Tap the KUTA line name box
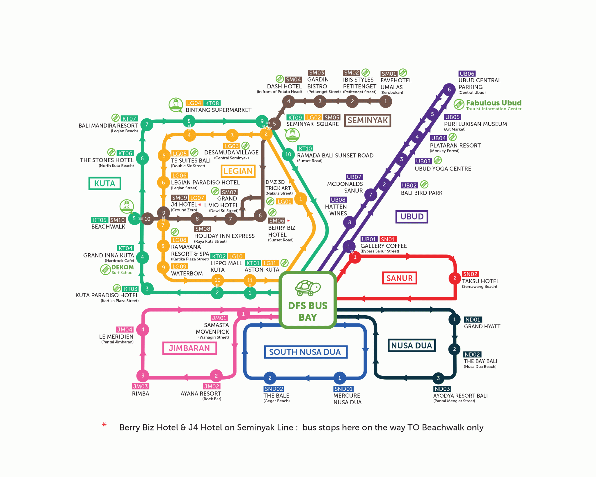[x=105, y=184]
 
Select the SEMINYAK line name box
[x=368, y=120]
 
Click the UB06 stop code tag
[x=467, y=74]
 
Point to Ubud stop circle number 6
[x=449, y=90]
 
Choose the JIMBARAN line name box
[x=189, y=348]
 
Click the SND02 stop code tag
[x=274, y=389]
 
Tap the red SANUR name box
[x=399, y=278]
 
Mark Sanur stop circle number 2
[x=455, y=278]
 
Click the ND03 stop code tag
[x=442, y=389]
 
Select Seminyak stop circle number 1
[x=386, y=102]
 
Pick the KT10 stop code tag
[x=305, y=149]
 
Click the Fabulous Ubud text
[x=494, y=103]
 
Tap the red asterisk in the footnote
[x=104, y=425]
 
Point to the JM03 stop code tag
[x=140, y=387]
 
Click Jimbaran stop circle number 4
[x=143, y=330]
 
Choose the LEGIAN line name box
[x=238, y=171]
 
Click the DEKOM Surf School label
[x=122, y=269]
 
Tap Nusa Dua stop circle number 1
[x=454, y=319]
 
